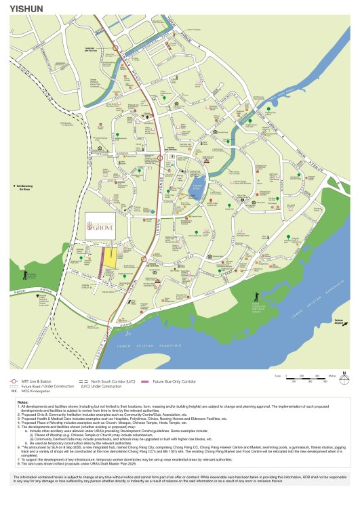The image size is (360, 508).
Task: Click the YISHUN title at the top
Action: pos(23,9)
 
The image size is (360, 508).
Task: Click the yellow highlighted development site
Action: pos(108,258)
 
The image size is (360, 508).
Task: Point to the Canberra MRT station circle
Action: pos(116,47)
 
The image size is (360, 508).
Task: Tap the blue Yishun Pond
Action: pos(196,186)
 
